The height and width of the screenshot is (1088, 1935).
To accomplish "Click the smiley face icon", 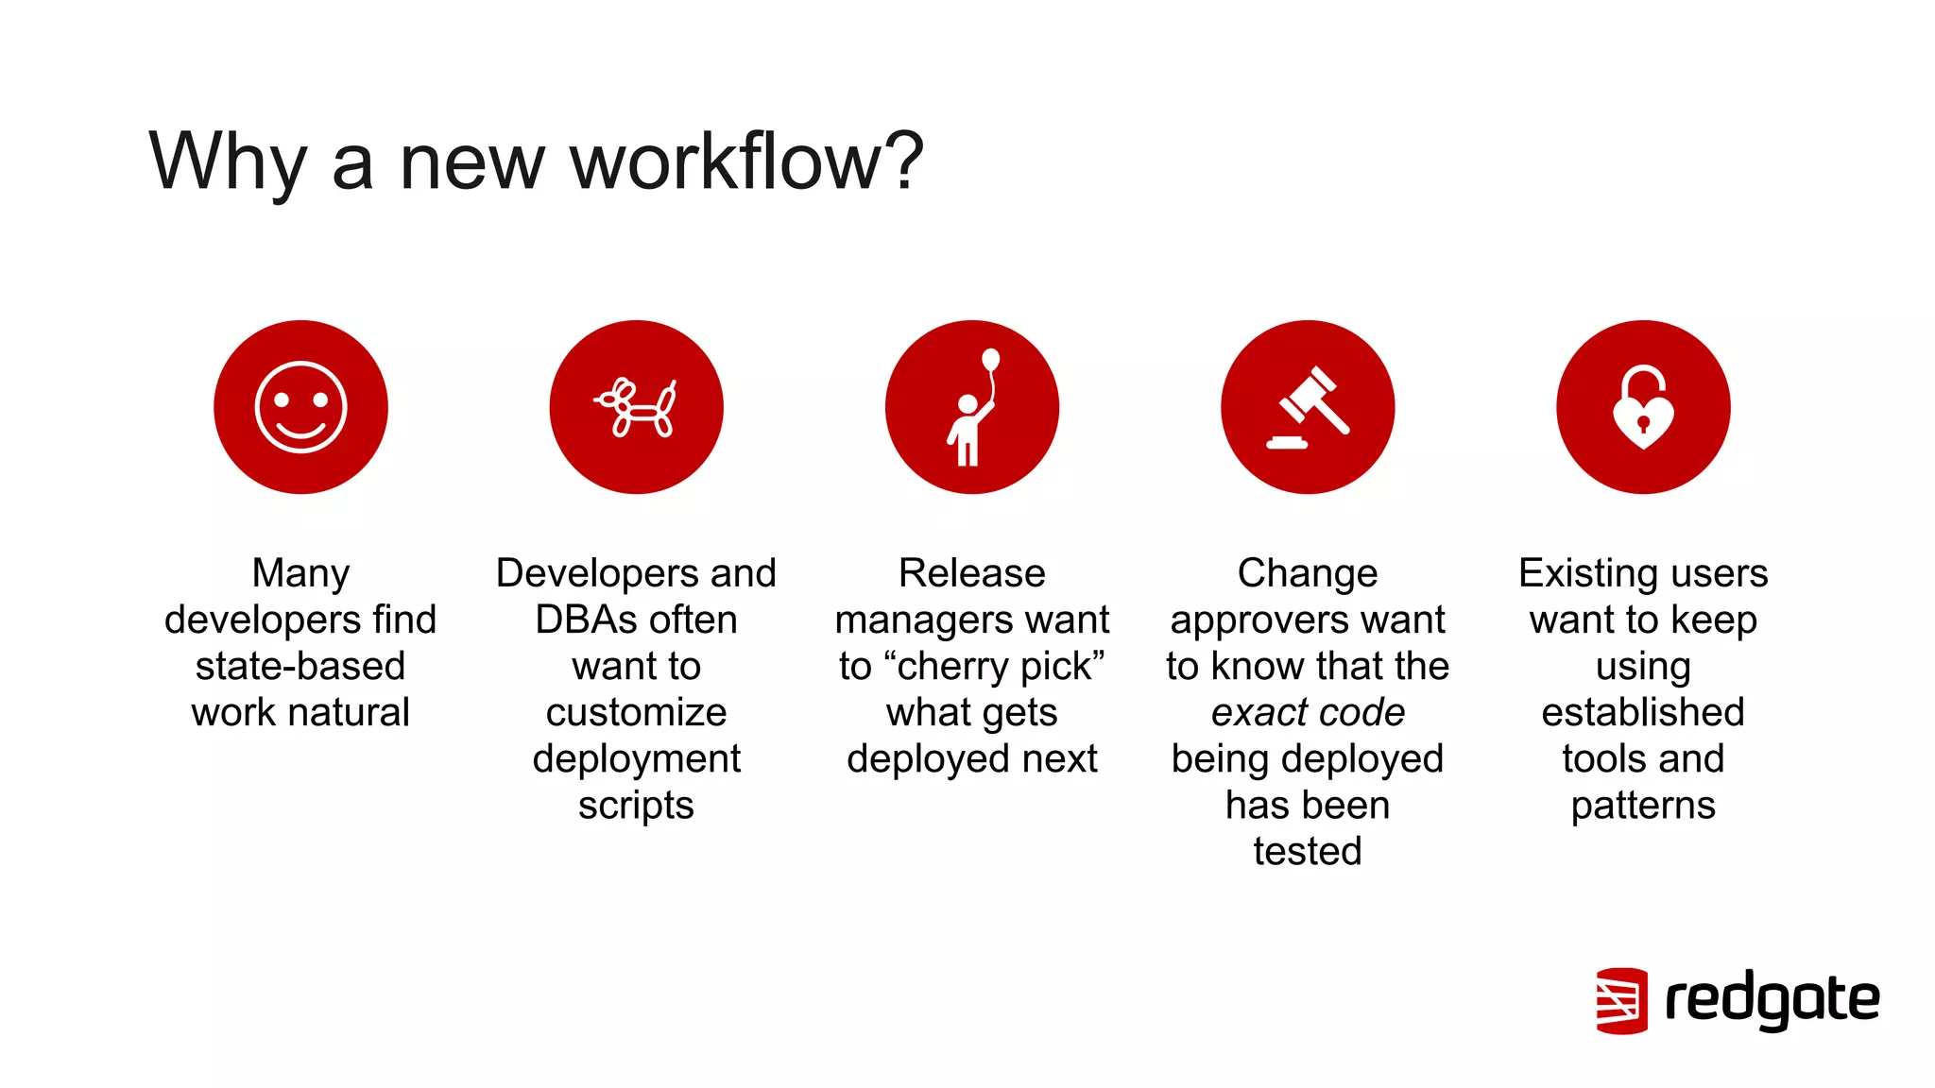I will (300, 407).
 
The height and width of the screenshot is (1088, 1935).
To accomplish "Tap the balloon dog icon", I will (636, 407).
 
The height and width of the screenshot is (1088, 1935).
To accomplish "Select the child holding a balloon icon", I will (972, 407).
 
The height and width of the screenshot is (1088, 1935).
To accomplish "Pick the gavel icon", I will (1308, 407).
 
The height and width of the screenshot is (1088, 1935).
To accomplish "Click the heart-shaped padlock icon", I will (1643, 407).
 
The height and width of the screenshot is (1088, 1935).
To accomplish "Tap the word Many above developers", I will (300, 573).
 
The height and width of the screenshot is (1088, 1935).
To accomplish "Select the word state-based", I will (300, 666).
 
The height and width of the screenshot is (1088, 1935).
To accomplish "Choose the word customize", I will (636, 712).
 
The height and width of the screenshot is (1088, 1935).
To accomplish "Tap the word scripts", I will (636, 805).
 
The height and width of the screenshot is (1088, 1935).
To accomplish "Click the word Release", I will (972, 573).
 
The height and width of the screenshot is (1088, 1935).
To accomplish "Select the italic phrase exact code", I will (1308, 712).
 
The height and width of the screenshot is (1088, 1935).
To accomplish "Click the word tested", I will (1308, 851).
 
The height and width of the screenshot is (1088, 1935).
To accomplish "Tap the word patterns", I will (1643, 805).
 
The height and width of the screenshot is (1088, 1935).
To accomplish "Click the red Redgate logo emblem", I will (1621, 1000).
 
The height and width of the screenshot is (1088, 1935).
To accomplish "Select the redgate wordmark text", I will (1772, 1000).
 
